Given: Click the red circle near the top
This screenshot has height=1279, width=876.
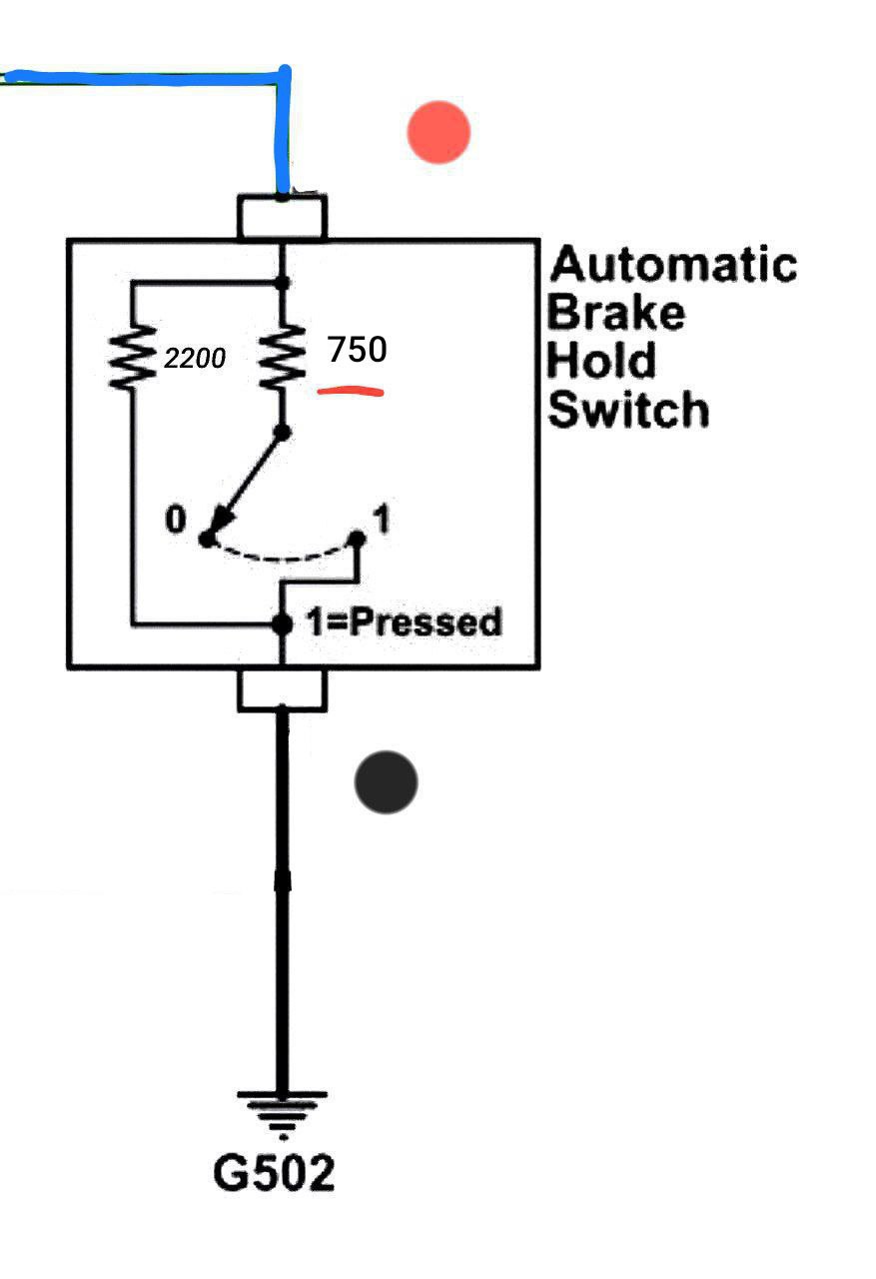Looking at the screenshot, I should pos(438,132).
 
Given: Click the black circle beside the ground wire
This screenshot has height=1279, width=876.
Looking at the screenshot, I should pos(386,782).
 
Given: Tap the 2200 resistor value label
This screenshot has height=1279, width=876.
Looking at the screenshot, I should pos(195,358).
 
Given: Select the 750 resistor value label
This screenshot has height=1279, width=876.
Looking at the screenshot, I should pos(357,350).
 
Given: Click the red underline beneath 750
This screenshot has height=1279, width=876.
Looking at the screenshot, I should pos(352,391).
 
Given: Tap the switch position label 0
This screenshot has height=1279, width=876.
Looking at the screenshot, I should pos(176,521).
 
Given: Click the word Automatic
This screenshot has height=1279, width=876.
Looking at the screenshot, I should pos(674,265).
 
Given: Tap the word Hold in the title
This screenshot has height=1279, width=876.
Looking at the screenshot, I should pos(602,361).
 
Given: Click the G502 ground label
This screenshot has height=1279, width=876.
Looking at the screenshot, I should pos(274,1172).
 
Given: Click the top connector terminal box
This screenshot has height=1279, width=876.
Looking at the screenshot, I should pos(283,218).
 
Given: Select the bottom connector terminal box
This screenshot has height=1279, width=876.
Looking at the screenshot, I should pos(283,689).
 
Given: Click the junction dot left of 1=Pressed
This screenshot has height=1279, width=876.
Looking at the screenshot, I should pos(283,625).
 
